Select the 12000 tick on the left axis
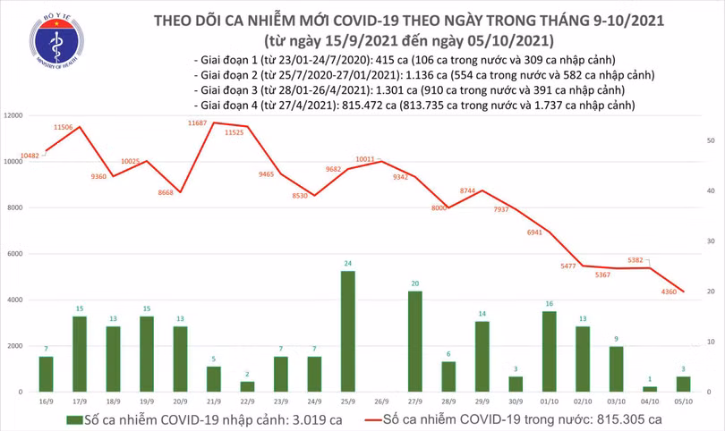pos(15,116)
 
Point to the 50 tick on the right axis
pos(710,141)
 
